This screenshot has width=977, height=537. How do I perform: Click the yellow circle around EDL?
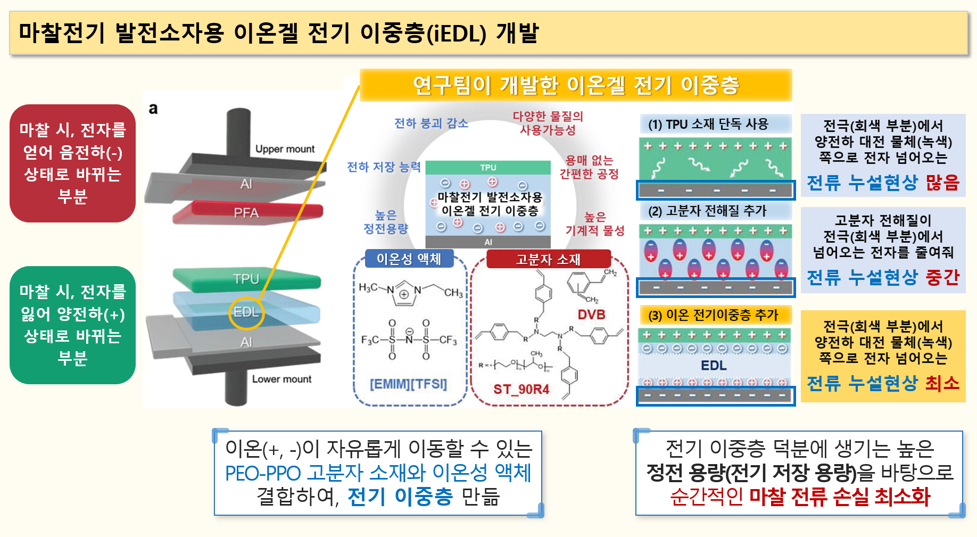coord(246,312)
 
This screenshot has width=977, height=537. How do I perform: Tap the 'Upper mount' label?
coord(285,149)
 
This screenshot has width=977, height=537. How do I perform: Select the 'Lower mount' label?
coord(281,379)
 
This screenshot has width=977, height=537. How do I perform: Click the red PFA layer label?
coord(246,213)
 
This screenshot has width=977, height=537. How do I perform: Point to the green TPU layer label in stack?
coord(246,279)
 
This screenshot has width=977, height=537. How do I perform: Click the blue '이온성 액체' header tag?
coord(409,259)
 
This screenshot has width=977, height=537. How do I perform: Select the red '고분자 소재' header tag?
coord(548,259)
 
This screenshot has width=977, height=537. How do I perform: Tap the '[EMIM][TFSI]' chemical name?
coord(408,384)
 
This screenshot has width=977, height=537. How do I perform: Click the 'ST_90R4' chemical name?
coord(521,390)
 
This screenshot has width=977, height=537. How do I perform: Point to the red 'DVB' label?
coord(591,315)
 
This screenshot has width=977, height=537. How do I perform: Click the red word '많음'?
coord(942,183)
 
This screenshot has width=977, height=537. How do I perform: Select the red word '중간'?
coord(942,277)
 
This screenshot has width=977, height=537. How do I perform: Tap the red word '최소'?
coord(942,383)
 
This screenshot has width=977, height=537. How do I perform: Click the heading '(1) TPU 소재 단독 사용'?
coord(708,125)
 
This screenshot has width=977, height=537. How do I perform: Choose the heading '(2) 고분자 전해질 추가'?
coord(707,211)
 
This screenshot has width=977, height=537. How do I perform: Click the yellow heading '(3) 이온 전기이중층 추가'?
coord(713,315)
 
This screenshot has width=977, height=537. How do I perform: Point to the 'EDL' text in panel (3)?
coord(714,366)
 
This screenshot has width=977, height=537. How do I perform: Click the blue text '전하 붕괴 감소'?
coord(431,123)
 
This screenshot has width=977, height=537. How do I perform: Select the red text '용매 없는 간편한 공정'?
coord(589,167)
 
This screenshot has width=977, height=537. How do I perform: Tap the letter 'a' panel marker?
coord(153,109)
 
